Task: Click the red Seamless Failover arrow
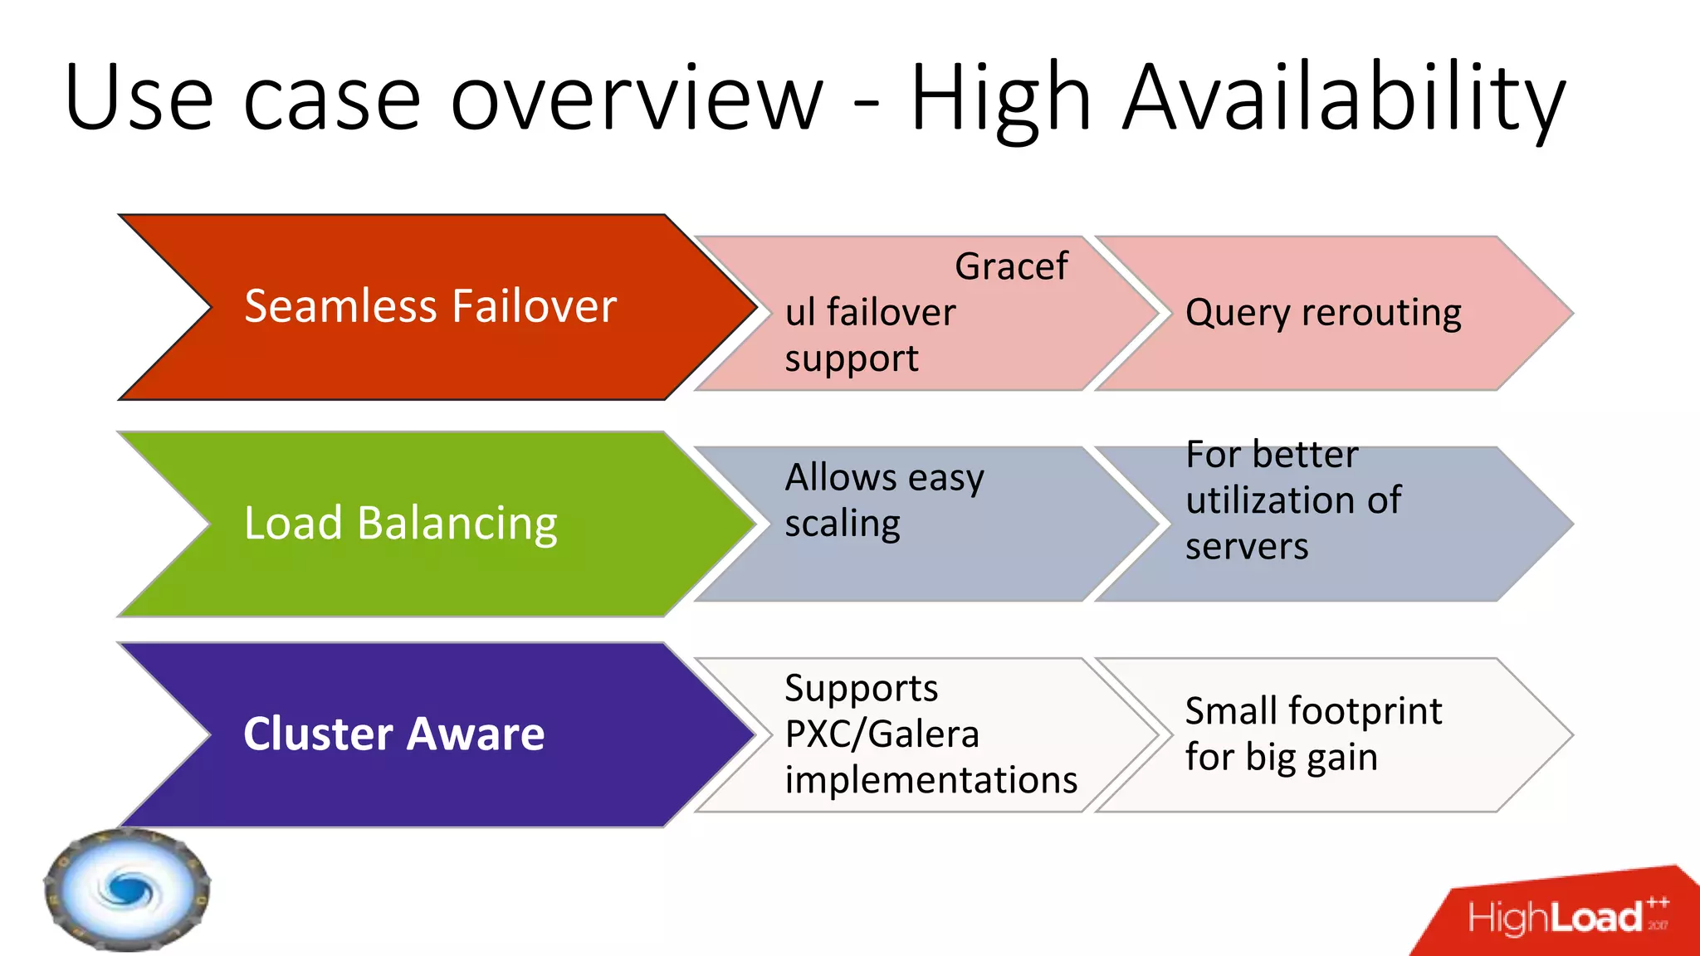coord(432,307)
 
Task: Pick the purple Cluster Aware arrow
coord(432,735)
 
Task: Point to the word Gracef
coord(1011,267)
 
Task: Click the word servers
coord(1247,547)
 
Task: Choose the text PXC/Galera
coord(882,734)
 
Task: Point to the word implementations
coord(931,781)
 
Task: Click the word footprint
coord(1365,711)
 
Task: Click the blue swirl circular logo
coord(127,890)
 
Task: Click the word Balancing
coord(457,524)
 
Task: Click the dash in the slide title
coord(867,106)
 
